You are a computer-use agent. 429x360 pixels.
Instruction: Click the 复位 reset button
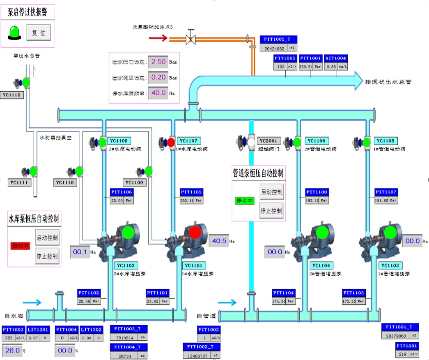tap(38, 32)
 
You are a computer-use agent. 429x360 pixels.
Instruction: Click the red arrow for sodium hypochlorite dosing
tap(158, 38)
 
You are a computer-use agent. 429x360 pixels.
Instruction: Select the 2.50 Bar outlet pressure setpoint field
tap(158, 62)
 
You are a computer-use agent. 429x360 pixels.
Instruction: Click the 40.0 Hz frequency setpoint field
tap(158, 93)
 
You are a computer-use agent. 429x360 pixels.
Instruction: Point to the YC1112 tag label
tap(11, 95)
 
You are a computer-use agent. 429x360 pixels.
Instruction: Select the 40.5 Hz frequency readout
tap(219, 241)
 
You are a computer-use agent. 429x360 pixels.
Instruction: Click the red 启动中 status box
tap(20, 246)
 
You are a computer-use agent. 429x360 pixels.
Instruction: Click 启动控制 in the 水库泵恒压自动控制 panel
tap(47, 238)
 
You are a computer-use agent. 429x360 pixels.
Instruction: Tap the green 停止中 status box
tap(245, 201)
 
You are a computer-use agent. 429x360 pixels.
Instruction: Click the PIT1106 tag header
tap(122, 192)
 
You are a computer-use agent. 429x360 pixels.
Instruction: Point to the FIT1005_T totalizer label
tap(278, 40)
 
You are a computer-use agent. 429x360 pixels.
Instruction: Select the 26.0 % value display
tap(13, 351)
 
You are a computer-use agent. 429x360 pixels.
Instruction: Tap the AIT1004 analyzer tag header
tap(336, 58)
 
